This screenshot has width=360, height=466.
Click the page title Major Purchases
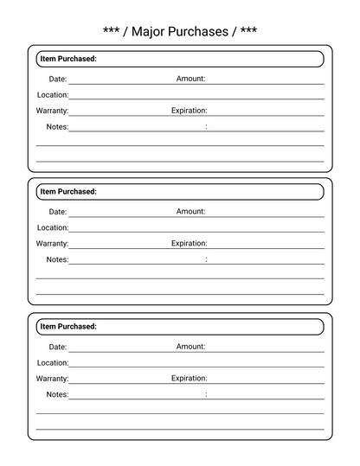click(180, 31)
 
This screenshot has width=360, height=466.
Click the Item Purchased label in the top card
click(68, 59)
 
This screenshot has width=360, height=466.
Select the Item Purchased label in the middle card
click(68, 192)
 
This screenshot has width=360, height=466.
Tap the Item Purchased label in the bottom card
click(68, 327)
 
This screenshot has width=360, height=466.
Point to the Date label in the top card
click(57, 79)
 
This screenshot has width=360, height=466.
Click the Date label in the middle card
click(57, 212)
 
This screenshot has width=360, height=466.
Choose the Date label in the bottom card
click(57, 347)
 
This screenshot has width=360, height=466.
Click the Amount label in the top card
click(190, 79)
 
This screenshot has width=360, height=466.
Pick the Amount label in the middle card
click(190, 211)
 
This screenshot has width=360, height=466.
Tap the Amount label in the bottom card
click(190, 346)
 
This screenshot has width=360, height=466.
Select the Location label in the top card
click(53, 95)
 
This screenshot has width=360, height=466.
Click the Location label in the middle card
click(53, 228)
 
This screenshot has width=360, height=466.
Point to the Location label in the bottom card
click(53, 363)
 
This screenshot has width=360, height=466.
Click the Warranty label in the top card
click(53, 112)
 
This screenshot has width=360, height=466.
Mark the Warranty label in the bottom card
click(53, 379)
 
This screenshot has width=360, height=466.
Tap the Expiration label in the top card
click(190, 111)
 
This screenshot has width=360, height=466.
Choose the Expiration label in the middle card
click(190, 244)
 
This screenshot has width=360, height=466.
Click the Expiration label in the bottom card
click(190, 378)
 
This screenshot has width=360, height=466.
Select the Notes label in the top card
click(57, 127)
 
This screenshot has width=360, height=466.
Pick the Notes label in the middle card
click(57, 259)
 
